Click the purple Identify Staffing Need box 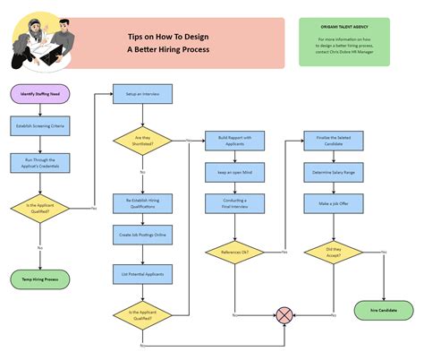click(39, 92)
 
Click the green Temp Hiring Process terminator click(39, 279)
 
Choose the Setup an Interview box click(142, 92)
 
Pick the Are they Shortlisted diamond click(142, 141)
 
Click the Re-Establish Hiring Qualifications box click(142, 203)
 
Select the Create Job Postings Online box click(142, 235)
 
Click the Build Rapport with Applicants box click(234, 141)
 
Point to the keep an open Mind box click(234, 170)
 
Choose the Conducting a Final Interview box click(234, 202)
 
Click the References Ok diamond click(234, 253)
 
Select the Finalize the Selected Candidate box click(332, 141)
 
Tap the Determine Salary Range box click(332, 170)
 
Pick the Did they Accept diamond click(332, 253)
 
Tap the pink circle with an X click(284, 314)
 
